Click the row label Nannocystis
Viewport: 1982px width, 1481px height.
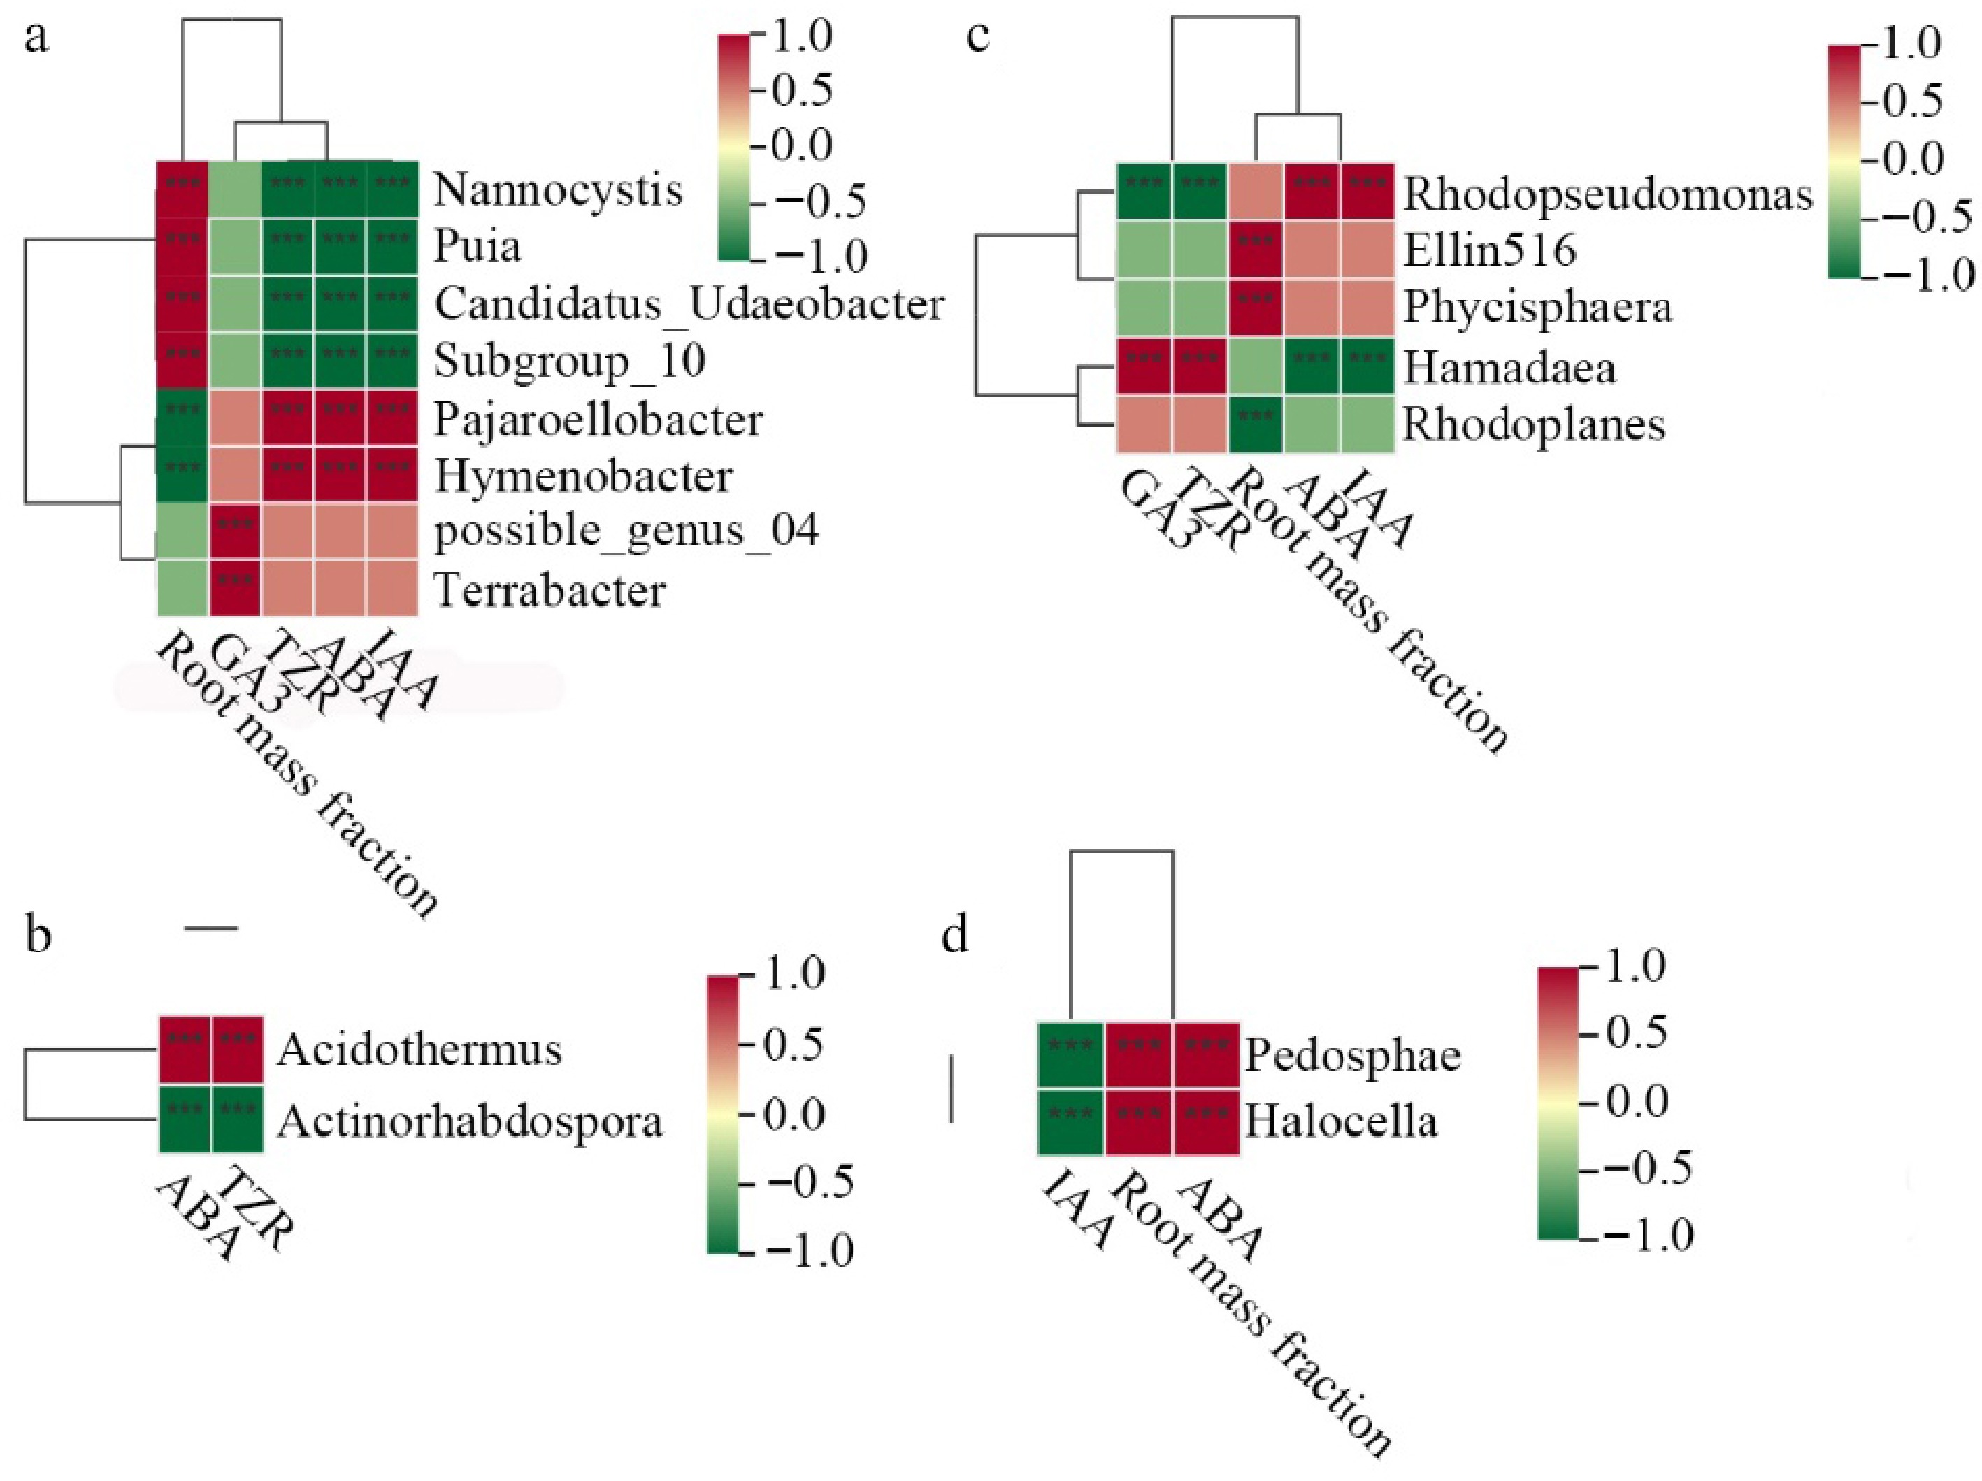557,190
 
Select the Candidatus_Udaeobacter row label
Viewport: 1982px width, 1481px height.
688,305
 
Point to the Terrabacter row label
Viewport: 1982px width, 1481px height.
550,590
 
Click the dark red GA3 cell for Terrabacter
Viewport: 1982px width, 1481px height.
235,589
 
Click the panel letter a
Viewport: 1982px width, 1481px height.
36,38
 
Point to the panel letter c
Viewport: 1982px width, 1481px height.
979,38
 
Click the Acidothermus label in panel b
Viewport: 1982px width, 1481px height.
419,1049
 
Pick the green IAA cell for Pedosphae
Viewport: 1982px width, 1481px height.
1071,1054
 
